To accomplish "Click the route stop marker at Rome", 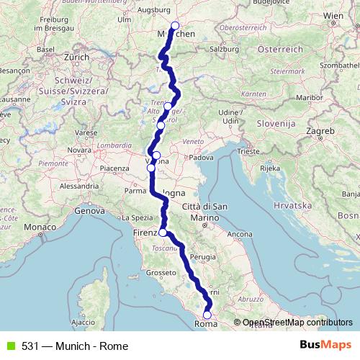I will pos(207,314).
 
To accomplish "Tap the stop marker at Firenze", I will pos(163,233).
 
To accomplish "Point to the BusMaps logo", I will pos(325,345).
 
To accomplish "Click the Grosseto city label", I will pos(159,273).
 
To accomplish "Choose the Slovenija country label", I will pos(277,124).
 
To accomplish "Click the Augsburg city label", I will pos(157,12).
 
